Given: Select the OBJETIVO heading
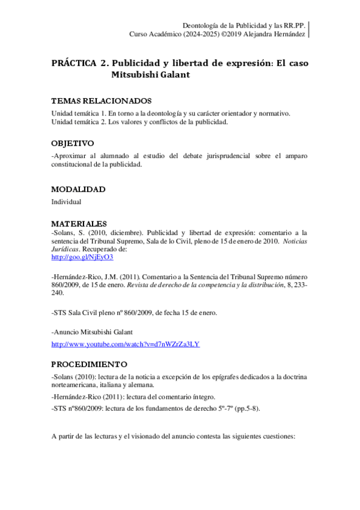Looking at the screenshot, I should click(x=73, y=144).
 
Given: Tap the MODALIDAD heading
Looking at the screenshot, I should click(x=78, y=189).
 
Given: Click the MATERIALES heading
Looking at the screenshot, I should click(x=79, y=224).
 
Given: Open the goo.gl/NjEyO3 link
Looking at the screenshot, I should click(x=82, y=257).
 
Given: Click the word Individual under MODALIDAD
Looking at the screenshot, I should click(x=66, y=202).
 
